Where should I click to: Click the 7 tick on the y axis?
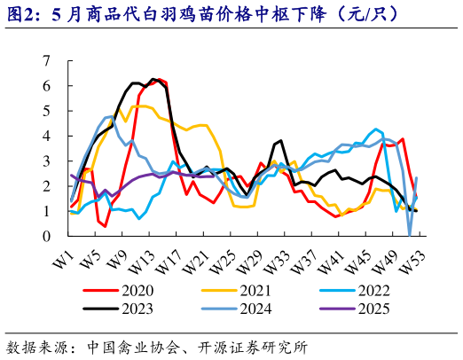click(x=47, y=61)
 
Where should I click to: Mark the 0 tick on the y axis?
click(x=47, y=237)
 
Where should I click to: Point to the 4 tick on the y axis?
click(x=47, y=137)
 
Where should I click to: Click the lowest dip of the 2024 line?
click(x=409, y=235)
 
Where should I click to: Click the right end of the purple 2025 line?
click(x=214, y=176)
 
